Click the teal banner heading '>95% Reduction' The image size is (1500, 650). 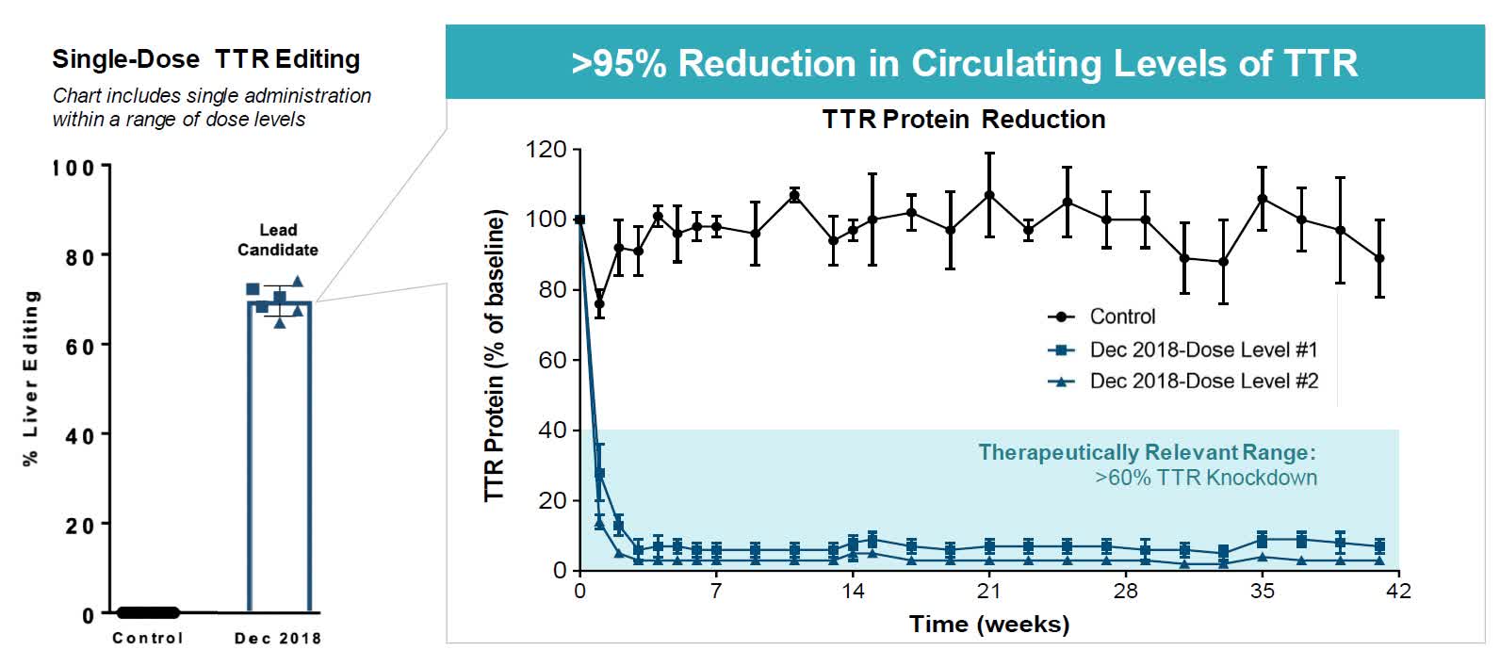pos(964,63)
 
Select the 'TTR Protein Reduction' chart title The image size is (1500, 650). pos(963,120)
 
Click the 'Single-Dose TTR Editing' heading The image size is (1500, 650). pos(205,59)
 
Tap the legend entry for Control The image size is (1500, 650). pos(1121,317)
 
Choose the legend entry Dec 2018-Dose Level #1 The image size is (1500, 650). pos(1202,349)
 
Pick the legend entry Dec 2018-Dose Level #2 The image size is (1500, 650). pos(1202,381)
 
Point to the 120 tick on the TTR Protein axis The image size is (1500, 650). pos(546,150)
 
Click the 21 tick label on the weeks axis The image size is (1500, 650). pos(989,591)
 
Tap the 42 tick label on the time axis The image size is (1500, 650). pos(1398,591)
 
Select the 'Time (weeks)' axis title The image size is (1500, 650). pos(988,624)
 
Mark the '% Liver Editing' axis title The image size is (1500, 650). pos(31,377)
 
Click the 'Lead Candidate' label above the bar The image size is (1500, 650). pos(277,240)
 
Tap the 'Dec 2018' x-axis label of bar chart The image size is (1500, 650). pos(277,638)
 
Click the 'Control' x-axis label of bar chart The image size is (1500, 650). pos(147,638)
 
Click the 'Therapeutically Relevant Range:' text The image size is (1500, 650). pos(1146,452)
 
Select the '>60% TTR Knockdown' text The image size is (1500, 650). pos(1205,478)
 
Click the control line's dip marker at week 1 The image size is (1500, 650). pos(599,303)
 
